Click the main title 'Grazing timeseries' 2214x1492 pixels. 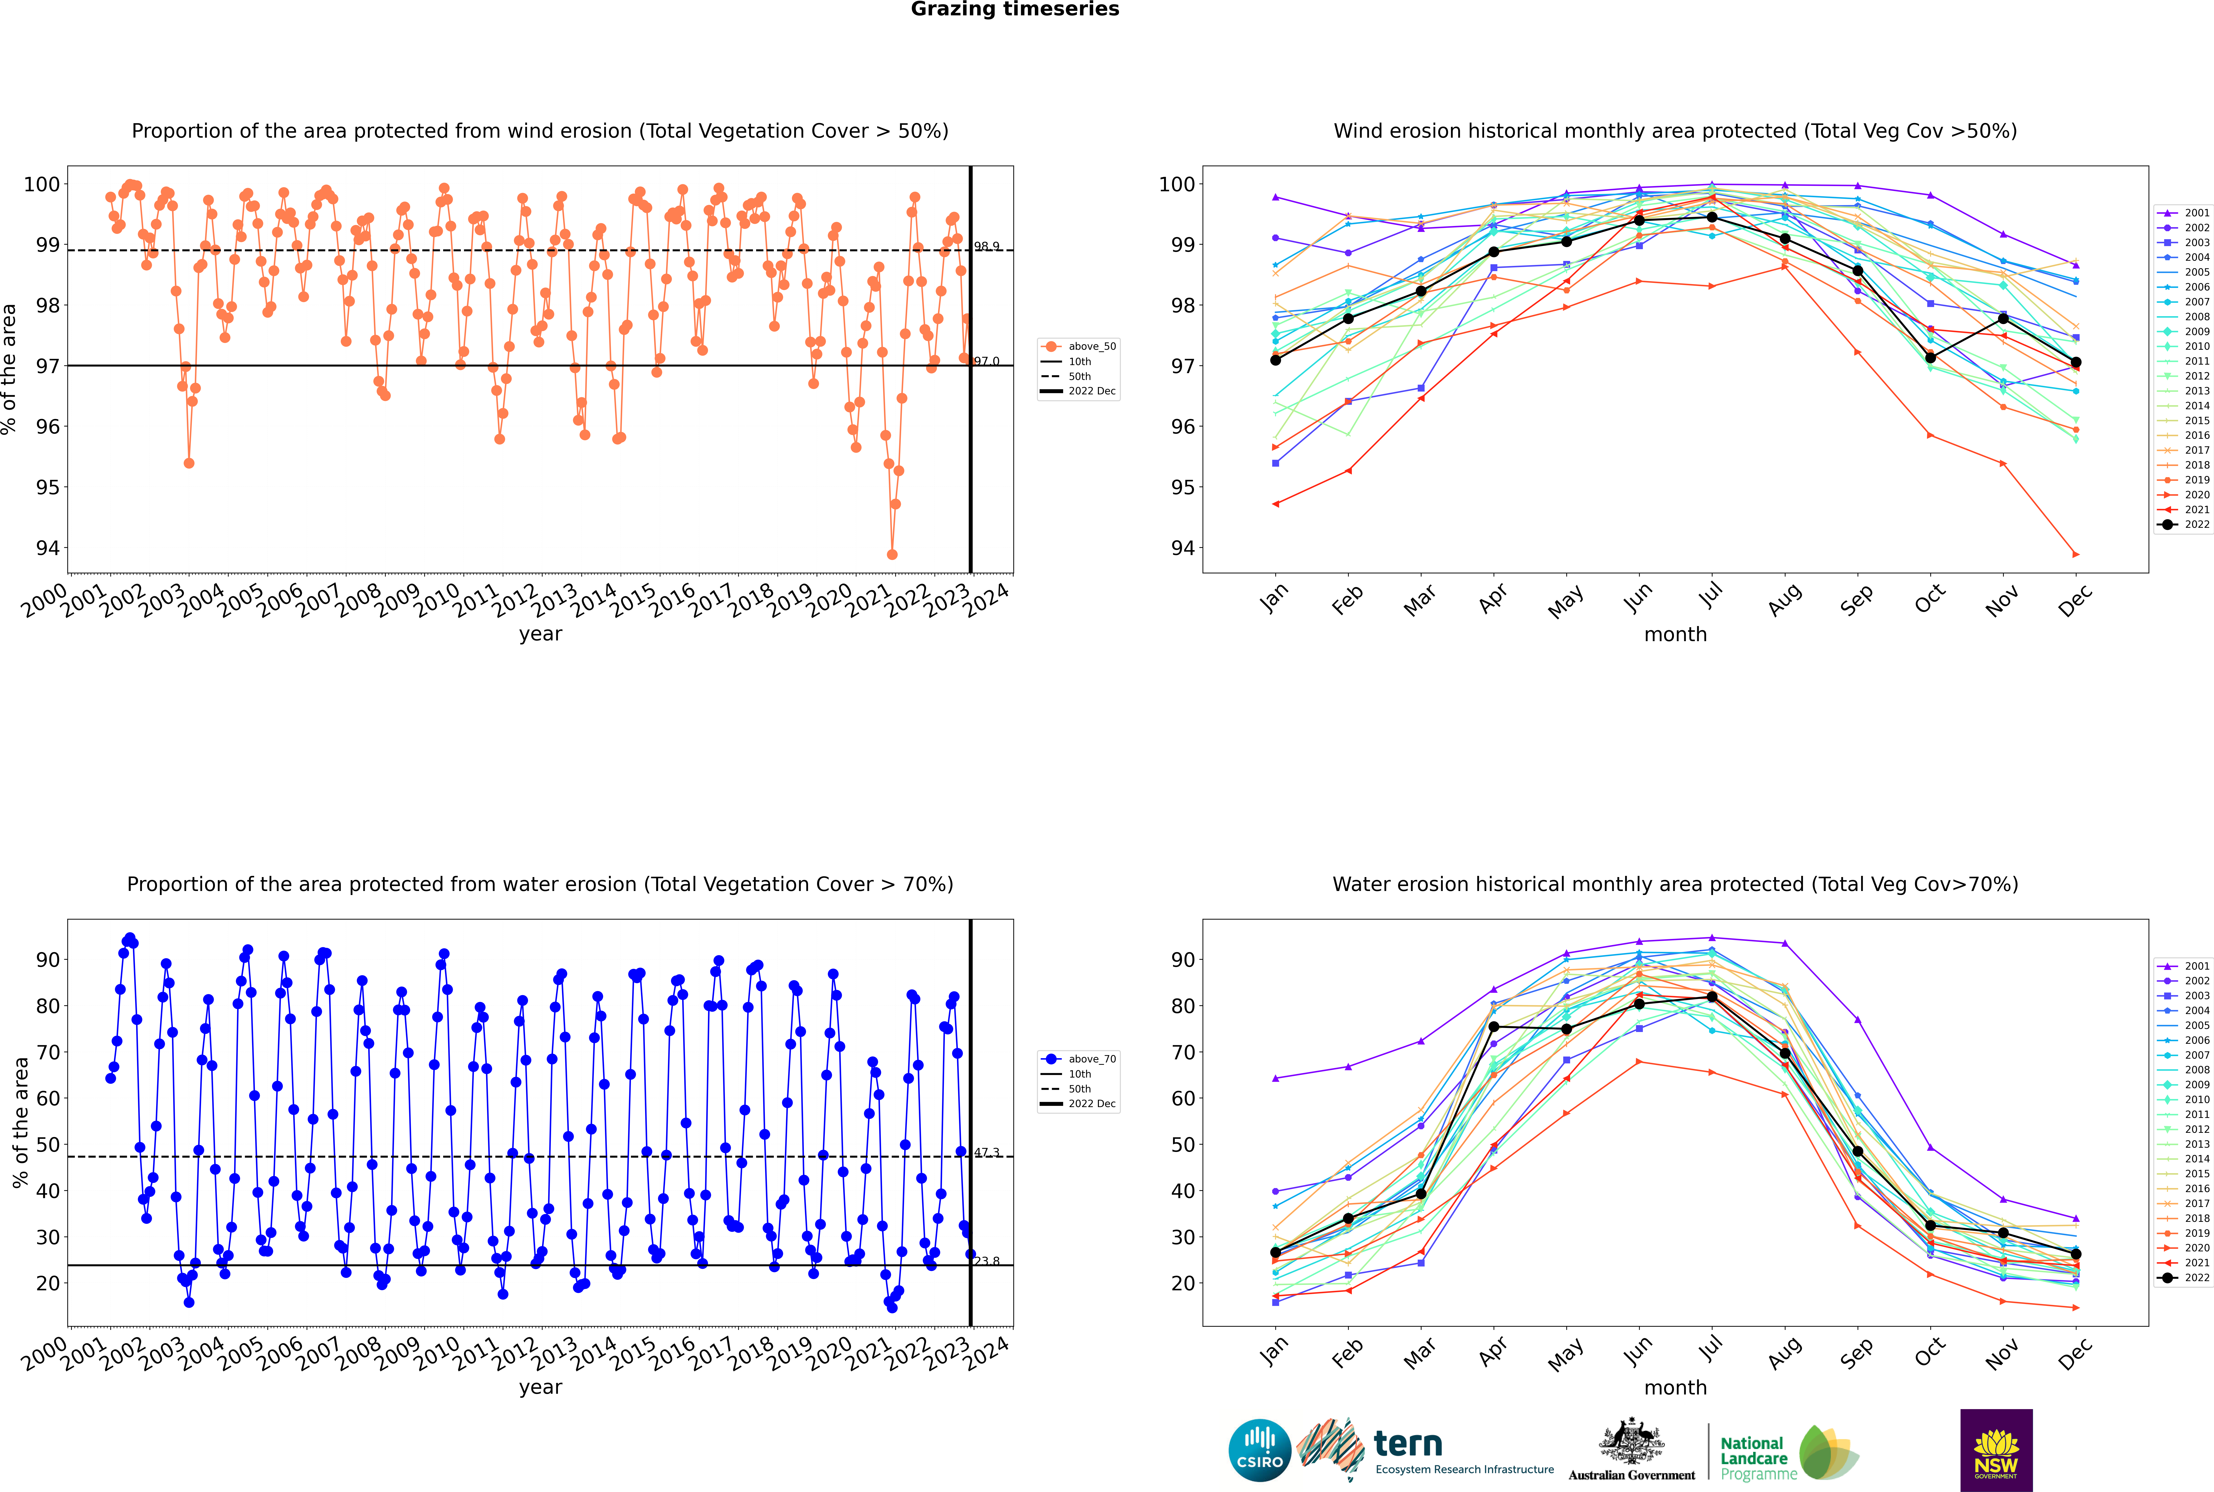(1015, 9)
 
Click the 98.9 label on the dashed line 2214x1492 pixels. (986, 247)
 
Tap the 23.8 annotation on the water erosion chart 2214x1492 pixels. (986, 1261)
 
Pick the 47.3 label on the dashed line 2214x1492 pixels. (986, 1152)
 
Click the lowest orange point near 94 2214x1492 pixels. (892, 555)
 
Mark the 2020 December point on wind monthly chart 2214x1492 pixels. (2076, 555)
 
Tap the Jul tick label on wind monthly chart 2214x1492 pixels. (1710, 597)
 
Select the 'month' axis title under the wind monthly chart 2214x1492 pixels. (1675, 635)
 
